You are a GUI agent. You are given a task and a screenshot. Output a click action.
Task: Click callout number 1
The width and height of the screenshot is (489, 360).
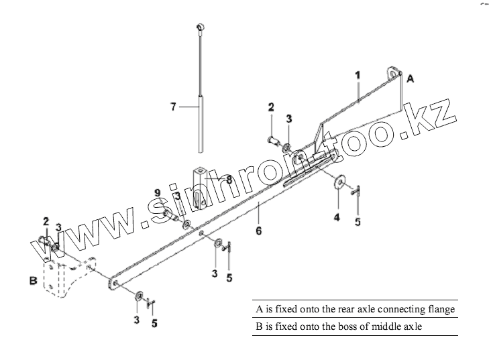358,76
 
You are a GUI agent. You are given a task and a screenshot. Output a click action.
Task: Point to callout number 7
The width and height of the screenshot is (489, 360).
173,106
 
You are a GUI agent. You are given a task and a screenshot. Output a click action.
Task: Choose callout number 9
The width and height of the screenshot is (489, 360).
158,192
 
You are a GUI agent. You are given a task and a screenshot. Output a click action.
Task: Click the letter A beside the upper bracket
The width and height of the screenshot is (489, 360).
410,78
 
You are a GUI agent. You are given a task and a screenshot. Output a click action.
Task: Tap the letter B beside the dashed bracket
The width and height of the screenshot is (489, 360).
33,281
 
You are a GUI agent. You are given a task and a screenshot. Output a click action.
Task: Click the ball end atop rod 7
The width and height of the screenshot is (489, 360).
199,27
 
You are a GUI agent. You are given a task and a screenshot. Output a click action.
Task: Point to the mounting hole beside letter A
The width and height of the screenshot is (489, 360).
394,71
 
